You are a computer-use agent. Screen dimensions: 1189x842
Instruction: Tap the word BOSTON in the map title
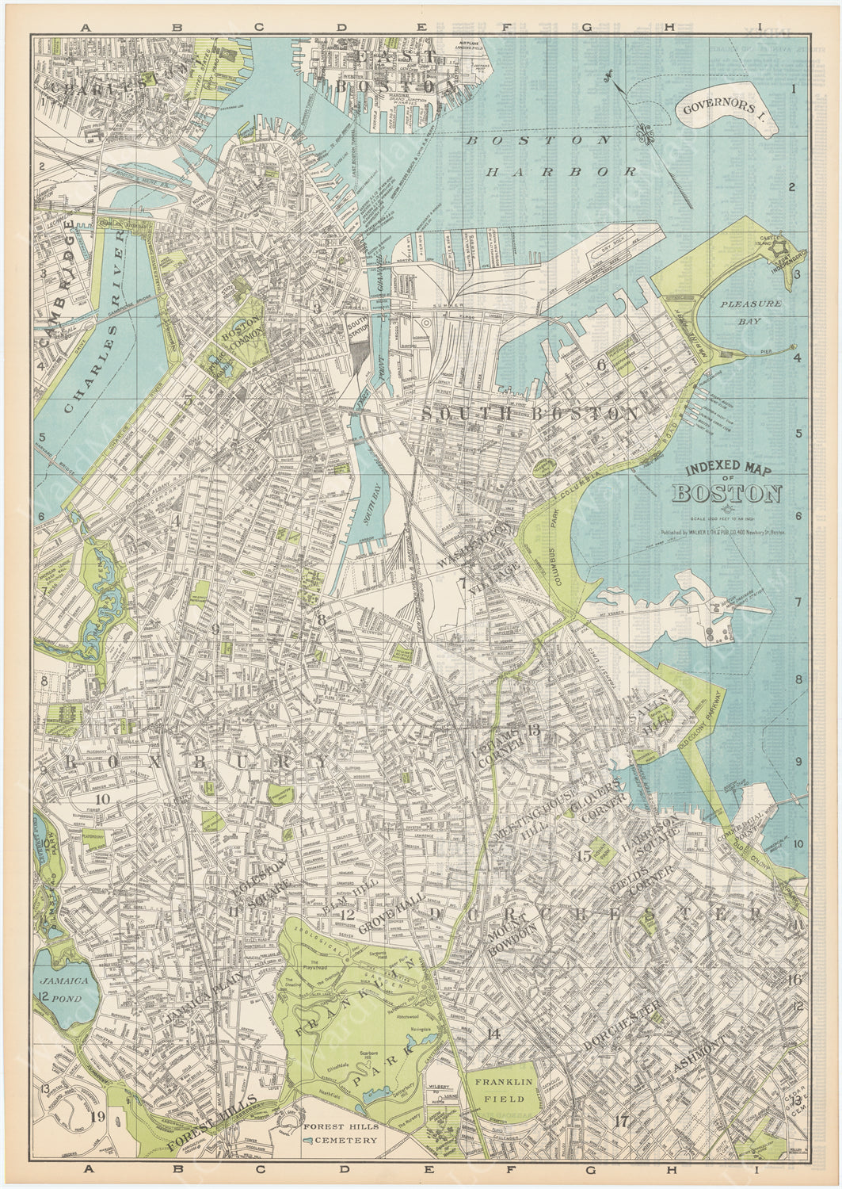(727, 493)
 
